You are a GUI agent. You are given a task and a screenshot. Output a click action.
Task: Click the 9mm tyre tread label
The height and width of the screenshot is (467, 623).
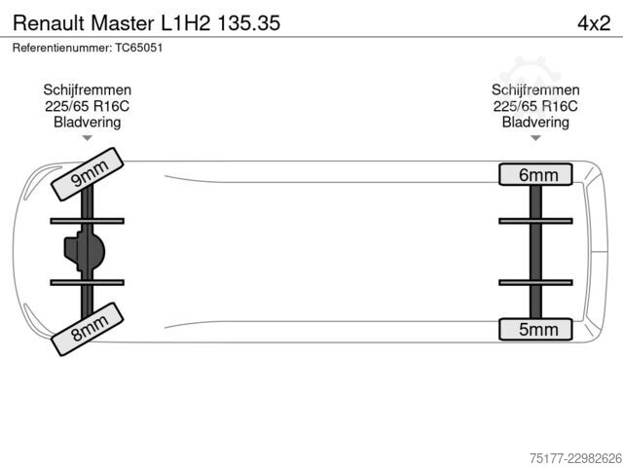(88, 174)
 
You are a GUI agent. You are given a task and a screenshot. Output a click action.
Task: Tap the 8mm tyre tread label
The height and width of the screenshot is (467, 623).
(88, 329)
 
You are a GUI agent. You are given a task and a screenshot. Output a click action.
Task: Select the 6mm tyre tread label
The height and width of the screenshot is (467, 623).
(535, 174)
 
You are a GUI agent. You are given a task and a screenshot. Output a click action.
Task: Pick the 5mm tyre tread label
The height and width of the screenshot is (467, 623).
(535, 329)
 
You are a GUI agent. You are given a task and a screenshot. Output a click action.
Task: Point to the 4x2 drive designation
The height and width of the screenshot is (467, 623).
(594, 23)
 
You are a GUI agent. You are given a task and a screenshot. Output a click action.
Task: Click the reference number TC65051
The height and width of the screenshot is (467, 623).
(139, 48)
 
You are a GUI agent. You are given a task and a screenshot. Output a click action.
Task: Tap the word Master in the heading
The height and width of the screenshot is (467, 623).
(123, 23)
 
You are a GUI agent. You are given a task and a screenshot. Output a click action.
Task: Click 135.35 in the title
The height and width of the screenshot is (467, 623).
(249, 23)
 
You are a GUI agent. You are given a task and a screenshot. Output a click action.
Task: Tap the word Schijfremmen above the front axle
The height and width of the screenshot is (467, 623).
(88, 90)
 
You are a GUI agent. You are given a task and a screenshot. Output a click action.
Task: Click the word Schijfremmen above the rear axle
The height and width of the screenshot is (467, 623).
(535, 90)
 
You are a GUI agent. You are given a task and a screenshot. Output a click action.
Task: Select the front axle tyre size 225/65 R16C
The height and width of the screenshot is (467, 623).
(88, 106)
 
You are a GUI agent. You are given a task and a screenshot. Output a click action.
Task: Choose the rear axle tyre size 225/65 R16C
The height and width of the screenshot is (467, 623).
(535, 106)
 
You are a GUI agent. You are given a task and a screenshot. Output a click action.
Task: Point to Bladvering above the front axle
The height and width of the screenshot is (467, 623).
(88, 123)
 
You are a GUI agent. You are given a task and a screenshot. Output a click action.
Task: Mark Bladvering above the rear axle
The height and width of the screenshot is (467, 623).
(535, 123)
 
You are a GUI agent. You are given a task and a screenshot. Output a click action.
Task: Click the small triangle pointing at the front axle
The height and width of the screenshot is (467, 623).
(88, 138)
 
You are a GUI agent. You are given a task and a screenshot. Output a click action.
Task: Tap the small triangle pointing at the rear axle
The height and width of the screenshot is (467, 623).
(535, 138)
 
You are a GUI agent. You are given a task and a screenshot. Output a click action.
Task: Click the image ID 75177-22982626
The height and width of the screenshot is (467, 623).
(575, 458)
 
